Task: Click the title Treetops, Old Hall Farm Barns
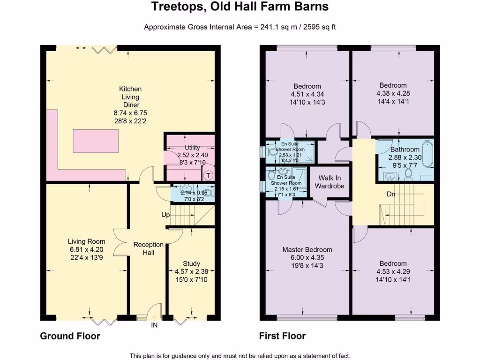240,7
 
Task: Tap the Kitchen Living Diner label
130,97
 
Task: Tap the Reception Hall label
149,249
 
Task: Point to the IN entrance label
154,325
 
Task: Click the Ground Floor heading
70,336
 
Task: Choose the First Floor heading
282,336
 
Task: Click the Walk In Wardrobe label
330,182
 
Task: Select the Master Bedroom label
307,249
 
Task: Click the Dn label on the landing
390,193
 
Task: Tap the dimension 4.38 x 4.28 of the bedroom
393,93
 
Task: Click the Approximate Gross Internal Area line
240,27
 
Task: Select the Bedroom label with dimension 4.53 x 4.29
393,263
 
